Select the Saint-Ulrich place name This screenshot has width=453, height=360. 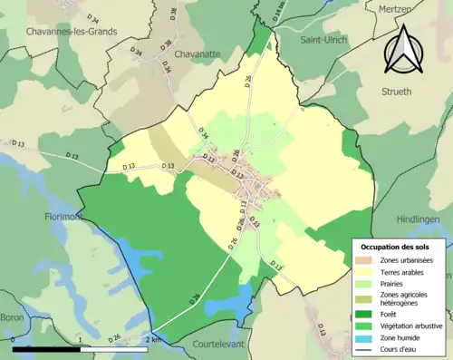click(x=313, y=40)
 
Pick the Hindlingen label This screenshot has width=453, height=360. click(x=419, y=219)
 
